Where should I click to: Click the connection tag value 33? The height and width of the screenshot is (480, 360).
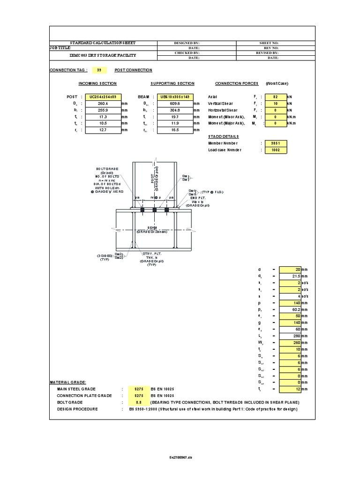(98, 70)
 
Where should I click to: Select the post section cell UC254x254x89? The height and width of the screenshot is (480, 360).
(102, 96)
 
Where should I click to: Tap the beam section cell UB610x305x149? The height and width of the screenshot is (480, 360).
(174, 96)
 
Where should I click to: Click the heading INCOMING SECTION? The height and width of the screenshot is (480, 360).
(97, 83)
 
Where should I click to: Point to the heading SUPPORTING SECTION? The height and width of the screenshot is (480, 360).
(172, 83)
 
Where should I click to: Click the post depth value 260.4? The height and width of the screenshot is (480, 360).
(102, 103)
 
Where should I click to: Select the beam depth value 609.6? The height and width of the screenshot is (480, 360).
(174, 103)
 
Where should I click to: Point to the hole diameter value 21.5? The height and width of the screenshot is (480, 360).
(290, 277)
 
